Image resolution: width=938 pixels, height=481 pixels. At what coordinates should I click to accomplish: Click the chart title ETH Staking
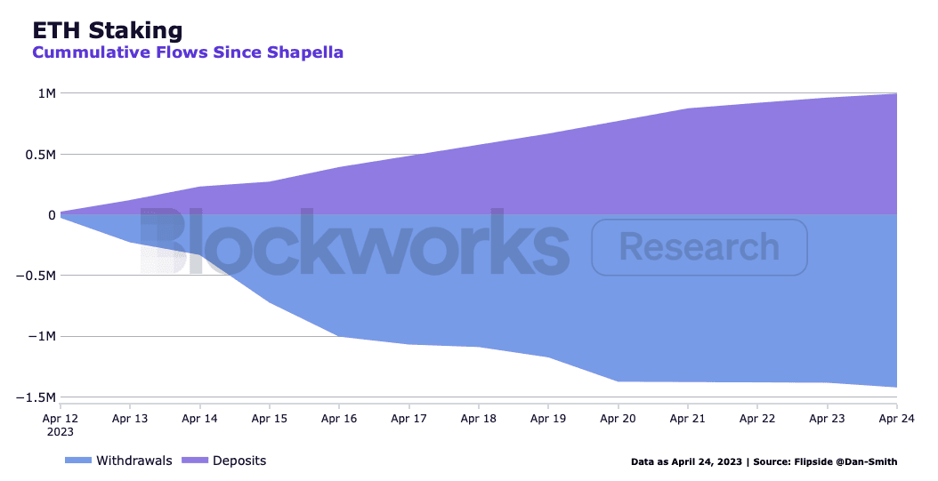tap(108, 30)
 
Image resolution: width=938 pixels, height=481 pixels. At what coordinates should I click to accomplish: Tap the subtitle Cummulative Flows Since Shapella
tap(188, 52)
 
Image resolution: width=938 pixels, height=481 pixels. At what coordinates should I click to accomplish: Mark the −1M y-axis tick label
tap(42, 337)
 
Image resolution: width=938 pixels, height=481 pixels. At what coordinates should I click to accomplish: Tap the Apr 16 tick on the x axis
tap(339, 417)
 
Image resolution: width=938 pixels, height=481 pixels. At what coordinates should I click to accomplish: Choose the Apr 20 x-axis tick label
tap(617, 417)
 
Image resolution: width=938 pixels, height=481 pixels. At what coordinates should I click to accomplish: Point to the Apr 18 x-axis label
tap(478, 417)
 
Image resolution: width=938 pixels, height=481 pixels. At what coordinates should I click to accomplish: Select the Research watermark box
tap(699, 246)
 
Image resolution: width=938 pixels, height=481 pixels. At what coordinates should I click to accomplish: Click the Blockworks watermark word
tap(354, 242)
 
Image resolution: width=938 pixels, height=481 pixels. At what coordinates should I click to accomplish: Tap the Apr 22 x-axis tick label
tap(756, 417)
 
